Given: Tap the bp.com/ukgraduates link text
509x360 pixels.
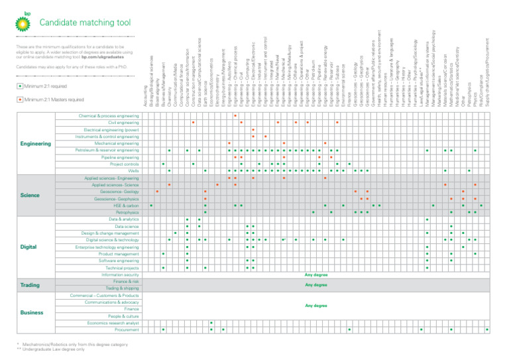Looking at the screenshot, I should [108, 58].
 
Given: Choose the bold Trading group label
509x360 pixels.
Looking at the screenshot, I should [32, 285].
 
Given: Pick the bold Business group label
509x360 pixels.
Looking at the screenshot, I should [32, 312].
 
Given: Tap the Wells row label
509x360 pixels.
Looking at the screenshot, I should [133, 171].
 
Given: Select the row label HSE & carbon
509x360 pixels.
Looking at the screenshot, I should [126, 205].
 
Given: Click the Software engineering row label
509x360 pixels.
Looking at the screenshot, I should [119, 261].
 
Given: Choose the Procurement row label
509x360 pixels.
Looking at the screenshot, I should [127, 330].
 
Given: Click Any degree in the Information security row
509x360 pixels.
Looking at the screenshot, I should [315, 274].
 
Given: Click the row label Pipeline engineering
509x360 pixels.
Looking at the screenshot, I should [120, 157].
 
